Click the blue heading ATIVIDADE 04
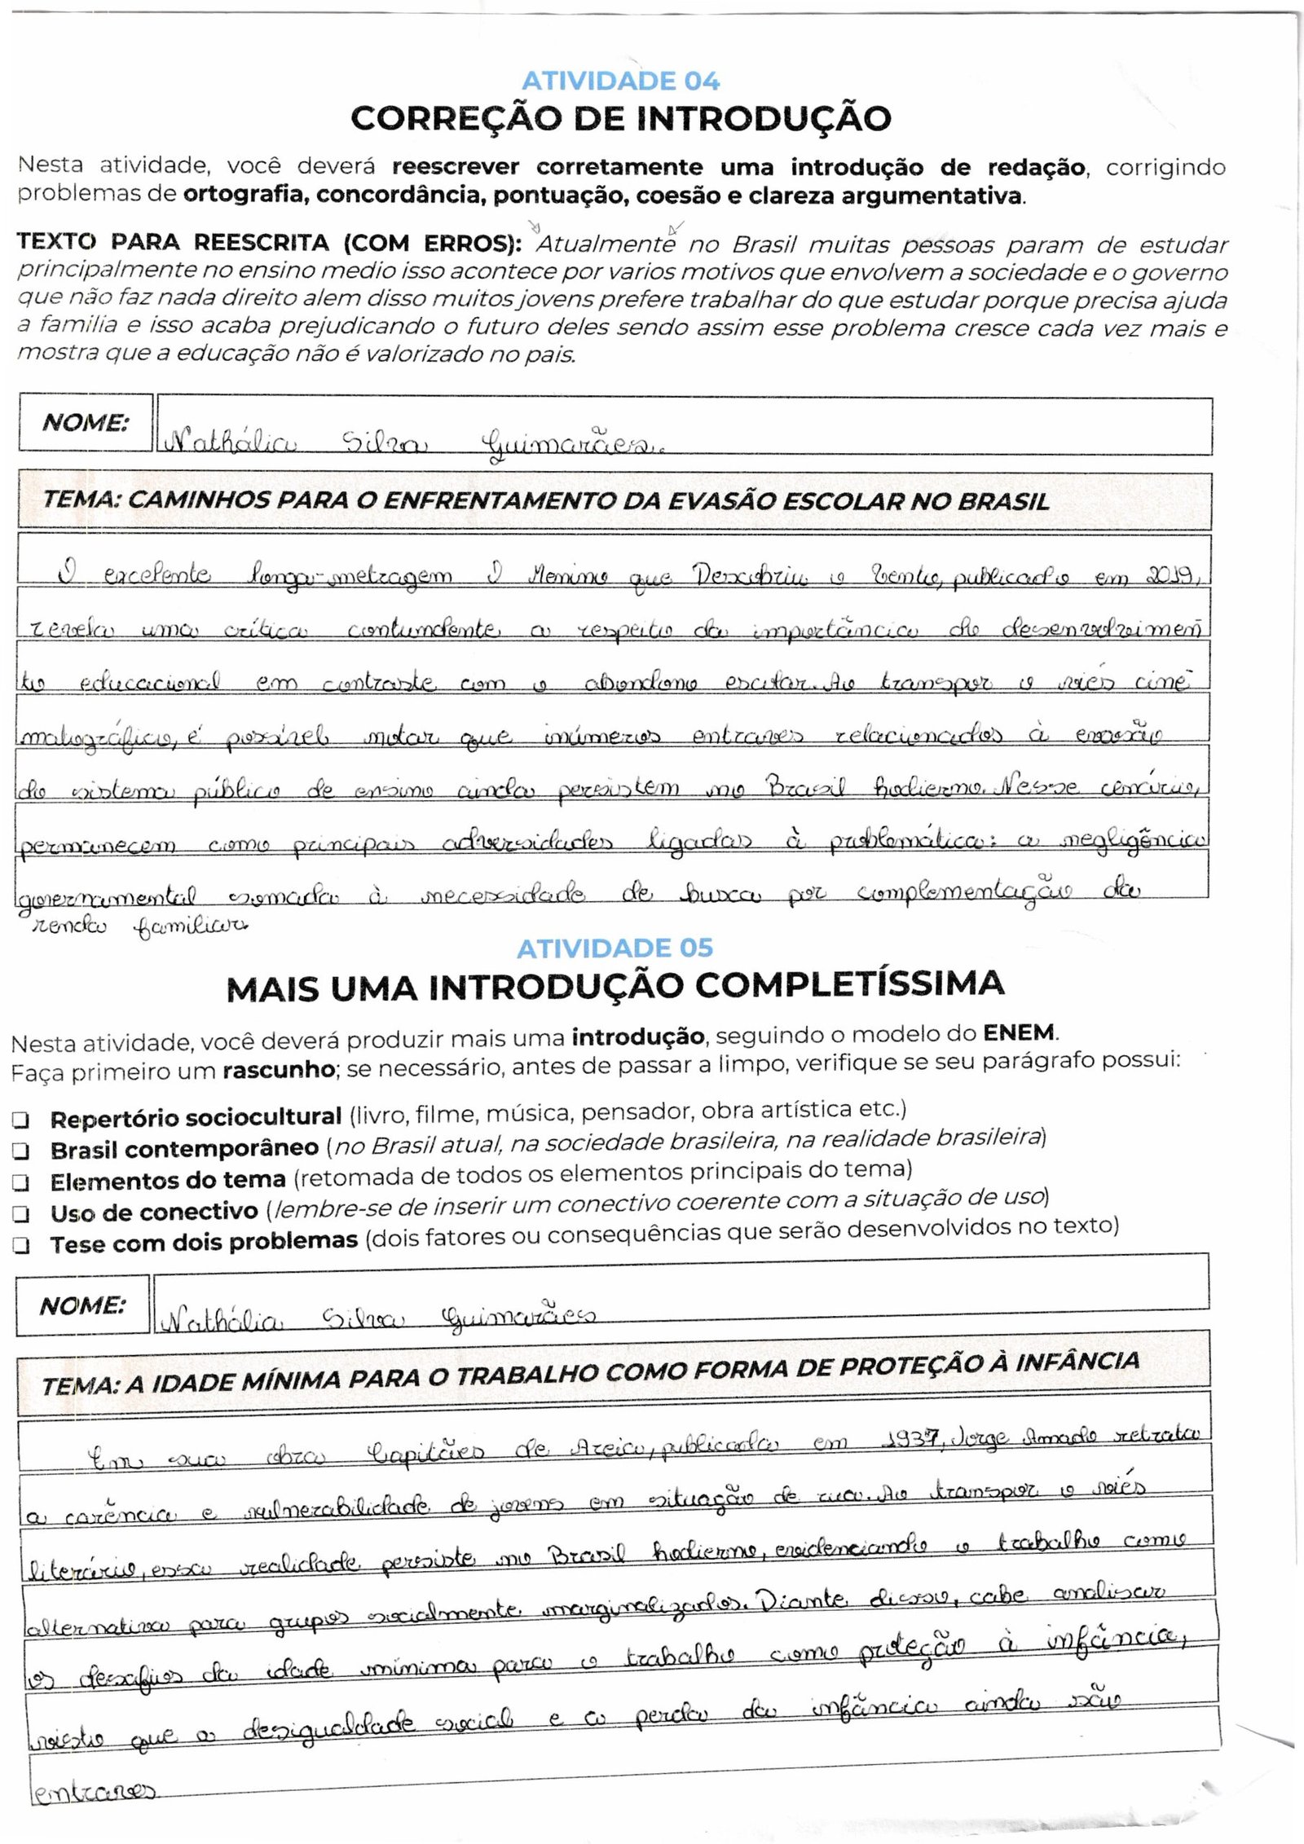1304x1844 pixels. (x=620, y=81)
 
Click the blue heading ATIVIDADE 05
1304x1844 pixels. (x=615, y=948)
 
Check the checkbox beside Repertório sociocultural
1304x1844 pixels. (x=21, y=1120)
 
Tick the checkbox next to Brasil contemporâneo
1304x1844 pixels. (x=21, y=1151)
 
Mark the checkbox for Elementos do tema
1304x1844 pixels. (x=21, y=1182)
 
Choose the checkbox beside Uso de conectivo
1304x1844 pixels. (x=21, y=1214)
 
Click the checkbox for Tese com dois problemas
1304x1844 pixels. (x=21, y=1245)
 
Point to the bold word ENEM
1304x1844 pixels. (x=1019, y=1033)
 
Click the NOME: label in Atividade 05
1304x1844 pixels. (x=82, y=1306)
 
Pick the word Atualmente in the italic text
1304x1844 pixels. (x=606, y=244)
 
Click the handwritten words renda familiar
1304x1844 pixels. (x=139, y=925)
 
